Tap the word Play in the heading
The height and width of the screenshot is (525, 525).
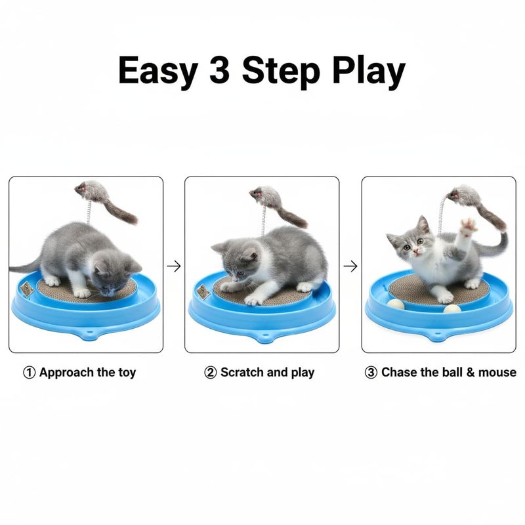point(368,72)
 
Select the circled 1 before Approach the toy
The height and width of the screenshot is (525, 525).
point(30,373)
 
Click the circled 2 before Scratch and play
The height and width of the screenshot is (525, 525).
point(211,373)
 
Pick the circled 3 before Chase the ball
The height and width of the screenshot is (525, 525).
point(371,373)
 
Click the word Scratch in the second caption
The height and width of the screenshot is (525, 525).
point(241,373)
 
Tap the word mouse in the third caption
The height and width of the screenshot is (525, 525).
point(496,373)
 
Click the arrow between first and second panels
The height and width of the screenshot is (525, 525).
point(174,266)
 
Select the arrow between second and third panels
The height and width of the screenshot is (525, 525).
point(351,266)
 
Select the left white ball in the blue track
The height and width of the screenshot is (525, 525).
point(396,304)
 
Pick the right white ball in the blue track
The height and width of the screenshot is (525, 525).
point(451,308)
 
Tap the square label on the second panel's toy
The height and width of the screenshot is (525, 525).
point(203,291)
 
